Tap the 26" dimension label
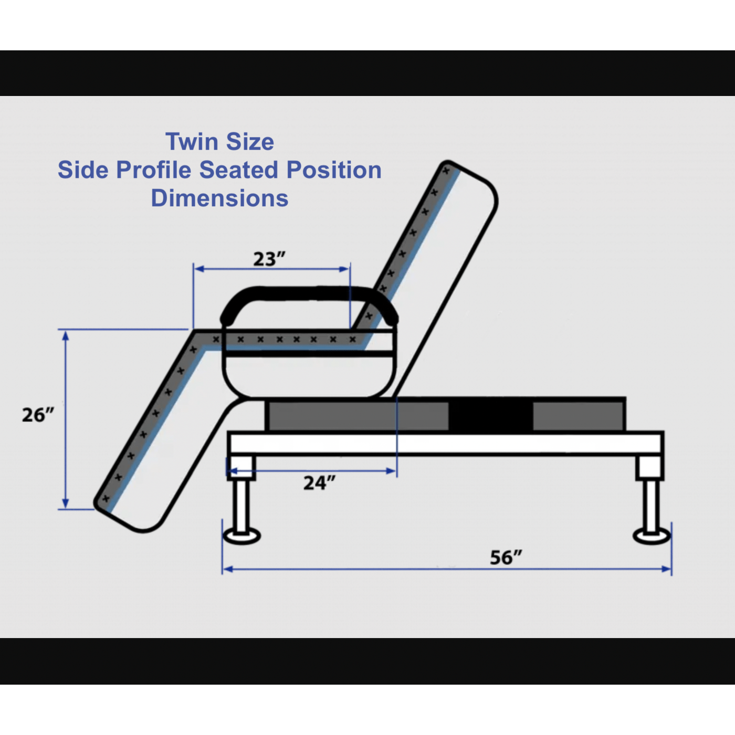point(38,415)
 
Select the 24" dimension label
point(319,482)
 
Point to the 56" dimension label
point(506,557)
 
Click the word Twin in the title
point(191,142)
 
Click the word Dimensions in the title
point(219,198)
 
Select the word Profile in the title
point(153,170)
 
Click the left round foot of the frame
point(241,536)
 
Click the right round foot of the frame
point(652,536)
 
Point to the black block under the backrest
point(490,415)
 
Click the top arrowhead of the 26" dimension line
point(66,334)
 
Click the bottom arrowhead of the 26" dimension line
point(66,503)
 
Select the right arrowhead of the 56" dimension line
point(667,569)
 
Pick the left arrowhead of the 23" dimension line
point(198,269)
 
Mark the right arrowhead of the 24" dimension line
point(392,471)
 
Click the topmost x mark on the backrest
point(446,171)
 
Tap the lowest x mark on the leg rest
point(106,498)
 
